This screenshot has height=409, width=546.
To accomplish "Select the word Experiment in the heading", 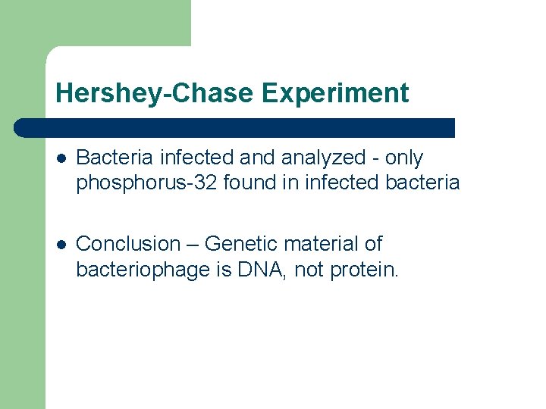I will [334, 93].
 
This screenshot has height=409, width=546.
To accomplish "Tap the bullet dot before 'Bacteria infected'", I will [61, 158].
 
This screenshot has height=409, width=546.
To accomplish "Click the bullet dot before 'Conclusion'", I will [61, 245].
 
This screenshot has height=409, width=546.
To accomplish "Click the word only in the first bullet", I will [404, 158].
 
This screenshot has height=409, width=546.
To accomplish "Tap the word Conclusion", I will [128, 244].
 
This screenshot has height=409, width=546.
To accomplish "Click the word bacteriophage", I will [143, 269].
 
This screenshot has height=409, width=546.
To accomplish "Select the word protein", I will [365, 269].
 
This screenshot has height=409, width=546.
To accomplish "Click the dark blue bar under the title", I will [235, 127].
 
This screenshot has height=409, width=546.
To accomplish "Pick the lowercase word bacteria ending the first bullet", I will [425, 183].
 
